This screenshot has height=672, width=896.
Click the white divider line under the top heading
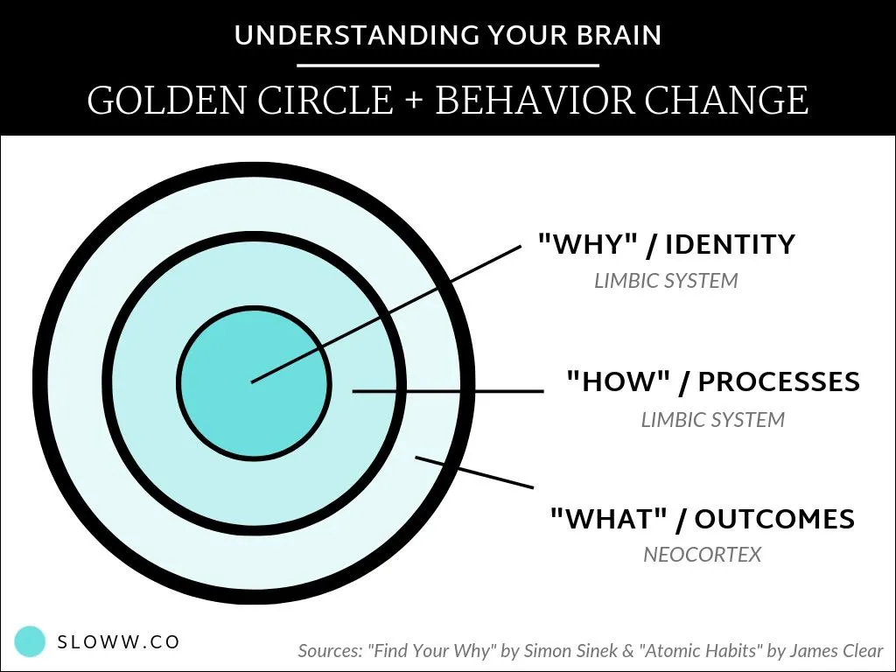(448, 66)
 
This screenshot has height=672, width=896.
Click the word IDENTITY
(730, 244)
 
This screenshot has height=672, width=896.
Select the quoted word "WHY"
(583, 244)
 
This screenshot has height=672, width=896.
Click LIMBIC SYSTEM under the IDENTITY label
(666, 282)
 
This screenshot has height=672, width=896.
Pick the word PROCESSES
(779, 382)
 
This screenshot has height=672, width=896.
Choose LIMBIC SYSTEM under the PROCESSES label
(712, 420)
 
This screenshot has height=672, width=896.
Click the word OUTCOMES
(774, 519)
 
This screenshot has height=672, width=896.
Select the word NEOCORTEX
(702, 555)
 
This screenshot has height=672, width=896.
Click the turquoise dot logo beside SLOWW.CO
(31, 641)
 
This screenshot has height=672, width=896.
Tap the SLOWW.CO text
(118, 642)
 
